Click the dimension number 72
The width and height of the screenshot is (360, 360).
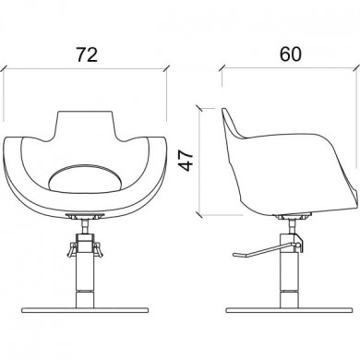click(x=87, y=54)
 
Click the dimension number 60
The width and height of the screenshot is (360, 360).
click(x=291, y=54)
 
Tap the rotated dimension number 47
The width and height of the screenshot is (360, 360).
click(x=186, y=161)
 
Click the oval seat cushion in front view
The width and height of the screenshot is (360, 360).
click(x=85, y=178)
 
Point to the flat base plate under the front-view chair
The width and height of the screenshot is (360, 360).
click(x=85, y=310)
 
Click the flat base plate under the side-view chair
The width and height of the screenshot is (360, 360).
click(x=290, y=310)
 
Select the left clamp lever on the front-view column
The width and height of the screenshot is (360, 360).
click(x=71, y=249)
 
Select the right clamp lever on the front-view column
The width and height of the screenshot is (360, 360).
click(x=99, y=249)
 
